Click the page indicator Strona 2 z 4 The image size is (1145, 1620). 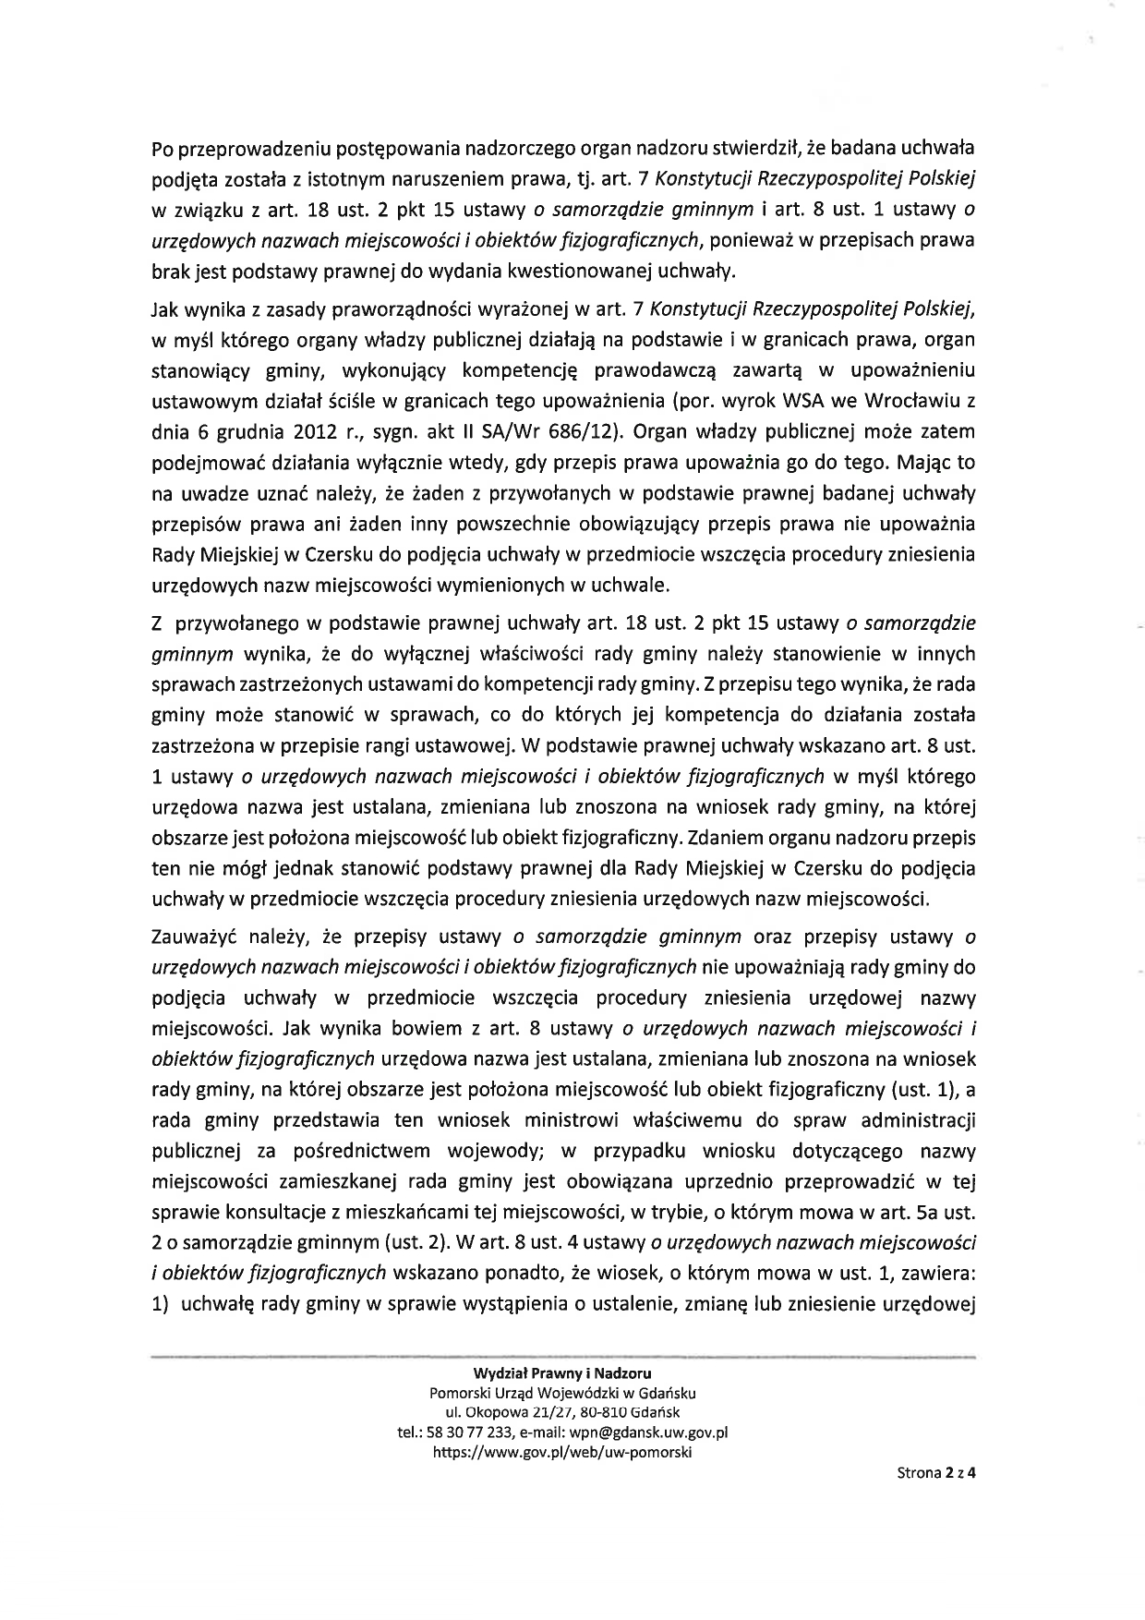935,1474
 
